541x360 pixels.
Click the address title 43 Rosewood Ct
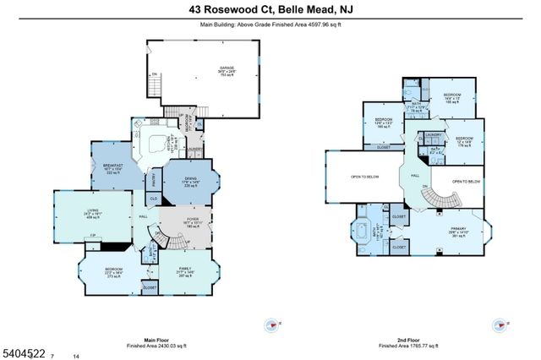270,10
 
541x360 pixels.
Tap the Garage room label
227,68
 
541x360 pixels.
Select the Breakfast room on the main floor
113,166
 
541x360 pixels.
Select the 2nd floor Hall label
416,175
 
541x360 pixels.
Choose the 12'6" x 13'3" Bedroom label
384,123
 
